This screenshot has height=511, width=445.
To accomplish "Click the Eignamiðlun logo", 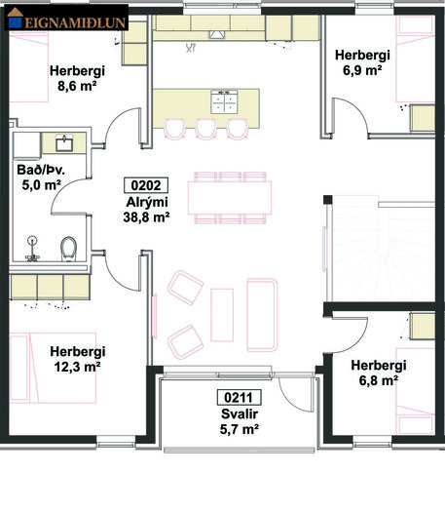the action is pos(66,19).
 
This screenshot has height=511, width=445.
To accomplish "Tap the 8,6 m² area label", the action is pos(77,86).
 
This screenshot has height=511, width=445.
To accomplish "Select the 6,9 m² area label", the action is pos(362,70).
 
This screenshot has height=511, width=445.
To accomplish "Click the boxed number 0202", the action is pos(146,185).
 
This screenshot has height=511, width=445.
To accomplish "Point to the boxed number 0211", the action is pos(240,398).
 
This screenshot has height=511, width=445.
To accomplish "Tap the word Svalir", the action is pos(240,413).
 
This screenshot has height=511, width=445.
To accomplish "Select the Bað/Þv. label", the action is pos(41,170).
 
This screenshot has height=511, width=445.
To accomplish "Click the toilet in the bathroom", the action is pos(68,249).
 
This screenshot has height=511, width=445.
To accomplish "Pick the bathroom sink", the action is pos(64,143).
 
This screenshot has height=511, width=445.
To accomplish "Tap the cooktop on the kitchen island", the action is pos(224,102).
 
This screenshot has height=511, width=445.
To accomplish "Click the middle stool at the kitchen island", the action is pos(206,130).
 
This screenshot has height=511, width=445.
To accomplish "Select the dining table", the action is pos(230,198).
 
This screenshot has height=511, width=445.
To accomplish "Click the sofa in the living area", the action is pos(262,315).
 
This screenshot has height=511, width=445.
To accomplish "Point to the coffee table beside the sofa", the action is pos(222,315).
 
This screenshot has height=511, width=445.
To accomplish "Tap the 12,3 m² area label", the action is pos(77,367).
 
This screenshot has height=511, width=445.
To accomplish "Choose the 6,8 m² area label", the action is pos(379,380).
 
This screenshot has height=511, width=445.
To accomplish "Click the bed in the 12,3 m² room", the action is pos(53,368).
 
